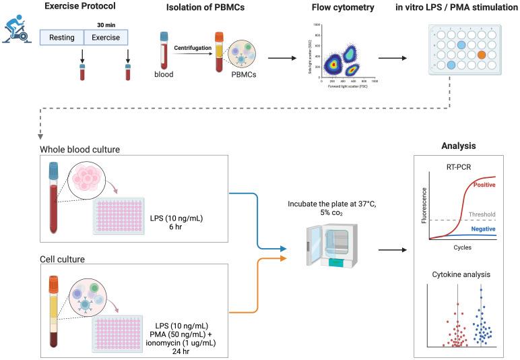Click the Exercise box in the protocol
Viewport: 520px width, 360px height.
click(104, 38)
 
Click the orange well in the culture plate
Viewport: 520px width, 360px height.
click(481, 55)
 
